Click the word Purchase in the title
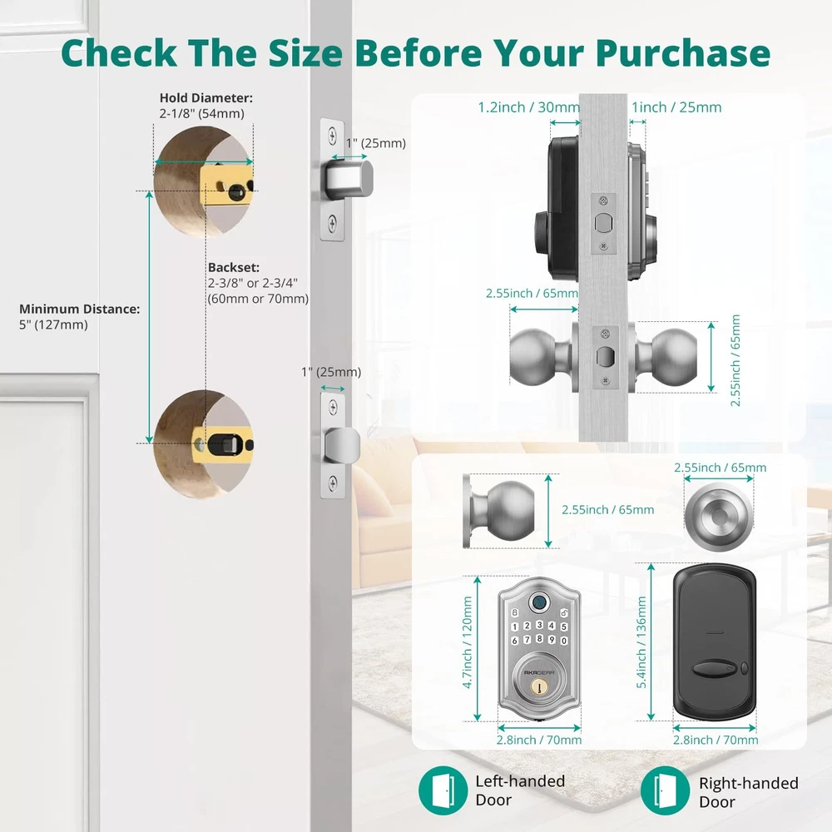pos(682,52)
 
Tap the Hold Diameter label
pos(206,98)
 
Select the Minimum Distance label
pos(80,309)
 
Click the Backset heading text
pos(234,267)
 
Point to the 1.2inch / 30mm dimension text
pos(529,107)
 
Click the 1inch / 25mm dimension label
pos(676,107)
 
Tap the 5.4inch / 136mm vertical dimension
pos(641,642)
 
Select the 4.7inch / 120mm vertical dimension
pos(468,642)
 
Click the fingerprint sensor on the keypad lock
pos(539,602)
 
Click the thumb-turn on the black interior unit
pos(711,669)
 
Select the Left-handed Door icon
pos(443,790)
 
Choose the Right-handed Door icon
pos(664,790)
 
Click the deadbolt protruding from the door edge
pos(349,179)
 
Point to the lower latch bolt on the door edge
pos(342,444)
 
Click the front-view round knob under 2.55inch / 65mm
pos(719,516)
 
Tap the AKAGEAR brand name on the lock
pos(539,673)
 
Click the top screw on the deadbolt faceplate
pos(333,136)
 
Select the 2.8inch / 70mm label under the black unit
pos(716,740)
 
